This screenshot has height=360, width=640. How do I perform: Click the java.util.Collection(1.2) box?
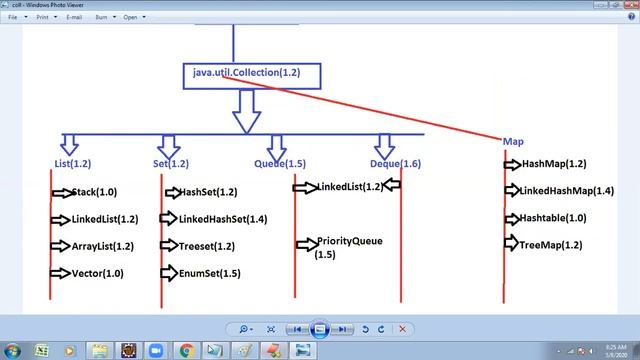(x=246, y=74)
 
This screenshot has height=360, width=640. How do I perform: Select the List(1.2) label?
(x=73, y=163)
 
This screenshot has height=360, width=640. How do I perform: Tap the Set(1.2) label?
(x=171, y=163)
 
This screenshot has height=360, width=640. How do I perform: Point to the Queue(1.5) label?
(x=280, y=163)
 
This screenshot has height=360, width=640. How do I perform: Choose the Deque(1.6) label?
(x=395, y=163)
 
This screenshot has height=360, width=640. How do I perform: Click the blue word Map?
(x=513, y=142)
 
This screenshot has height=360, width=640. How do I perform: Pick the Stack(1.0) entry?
(x=94, y=192)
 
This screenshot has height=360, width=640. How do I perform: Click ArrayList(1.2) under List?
(x=104, y=246)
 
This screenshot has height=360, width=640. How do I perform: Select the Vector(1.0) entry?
(x=98, y=273)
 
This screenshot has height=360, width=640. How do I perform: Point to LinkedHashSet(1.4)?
(x=222, y=219)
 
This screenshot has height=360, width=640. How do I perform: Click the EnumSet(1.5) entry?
(x=209, y=273)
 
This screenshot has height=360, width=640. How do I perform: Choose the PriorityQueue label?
(x=349, y=242)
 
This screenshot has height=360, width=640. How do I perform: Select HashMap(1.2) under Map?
(x=554, y=164)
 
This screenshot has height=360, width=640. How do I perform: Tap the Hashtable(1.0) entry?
(x=553, y=218)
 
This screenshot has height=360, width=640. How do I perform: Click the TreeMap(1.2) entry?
(x=550, y=244)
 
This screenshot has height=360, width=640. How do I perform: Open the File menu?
(x=13, y=18)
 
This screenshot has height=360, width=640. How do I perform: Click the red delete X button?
(x=402, y=329)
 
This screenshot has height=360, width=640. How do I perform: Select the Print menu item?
(x=42, y=18)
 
